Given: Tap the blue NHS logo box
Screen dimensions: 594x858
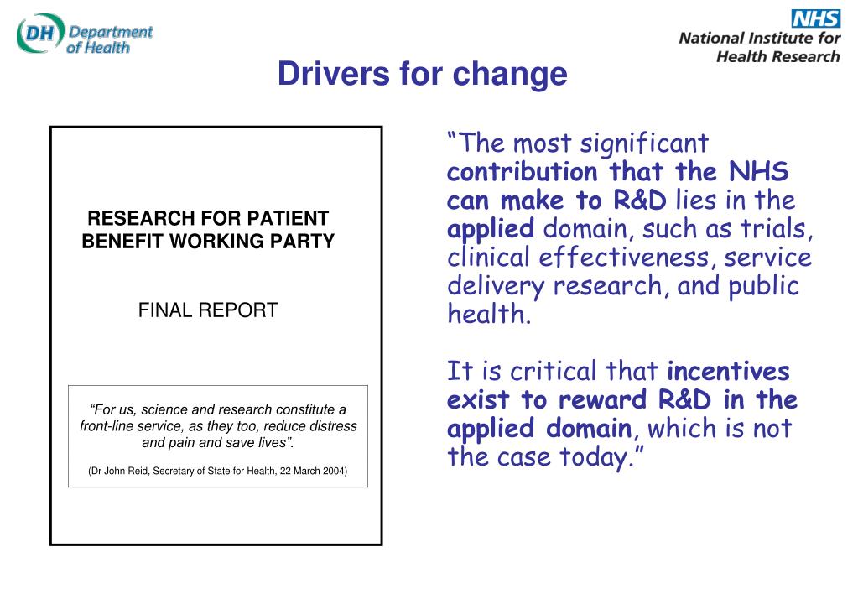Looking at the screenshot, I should tap(814, 18).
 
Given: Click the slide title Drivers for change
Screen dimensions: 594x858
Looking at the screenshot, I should tap(423, 75).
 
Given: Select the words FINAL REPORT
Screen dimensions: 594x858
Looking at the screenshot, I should tap(208, 310).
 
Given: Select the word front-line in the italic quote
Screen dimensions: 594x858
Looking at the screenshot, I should tap(107, 426).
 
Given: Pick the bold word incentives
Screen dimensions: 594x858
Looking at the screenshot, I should tap(728, 371).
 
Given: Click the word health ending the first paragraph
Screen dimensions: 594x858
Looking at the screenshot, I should tap(487, 315).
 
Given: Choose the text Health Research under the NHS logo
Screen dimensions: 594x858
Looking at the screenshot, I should tap(777, 57).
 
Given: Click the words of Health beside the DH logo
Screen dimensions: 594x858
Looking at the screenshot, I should tap(98, 48).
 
